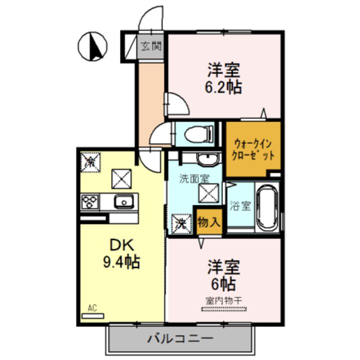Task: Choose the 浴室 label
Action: pyautogui.click(x=240, y=206)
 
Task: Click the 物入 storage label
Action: pyautogui.click(x=208, y=221)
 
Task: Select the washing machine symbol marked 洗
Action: pyautogui.click(x=181, y=223)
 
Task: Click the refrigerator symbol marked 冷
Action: pyautogui.click(x=90, y=161)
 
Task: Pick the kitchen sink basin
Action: pyautogui.click(x=121, y=201)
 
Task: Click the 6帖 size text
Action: pyautogui.click(x=223, y=283)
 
